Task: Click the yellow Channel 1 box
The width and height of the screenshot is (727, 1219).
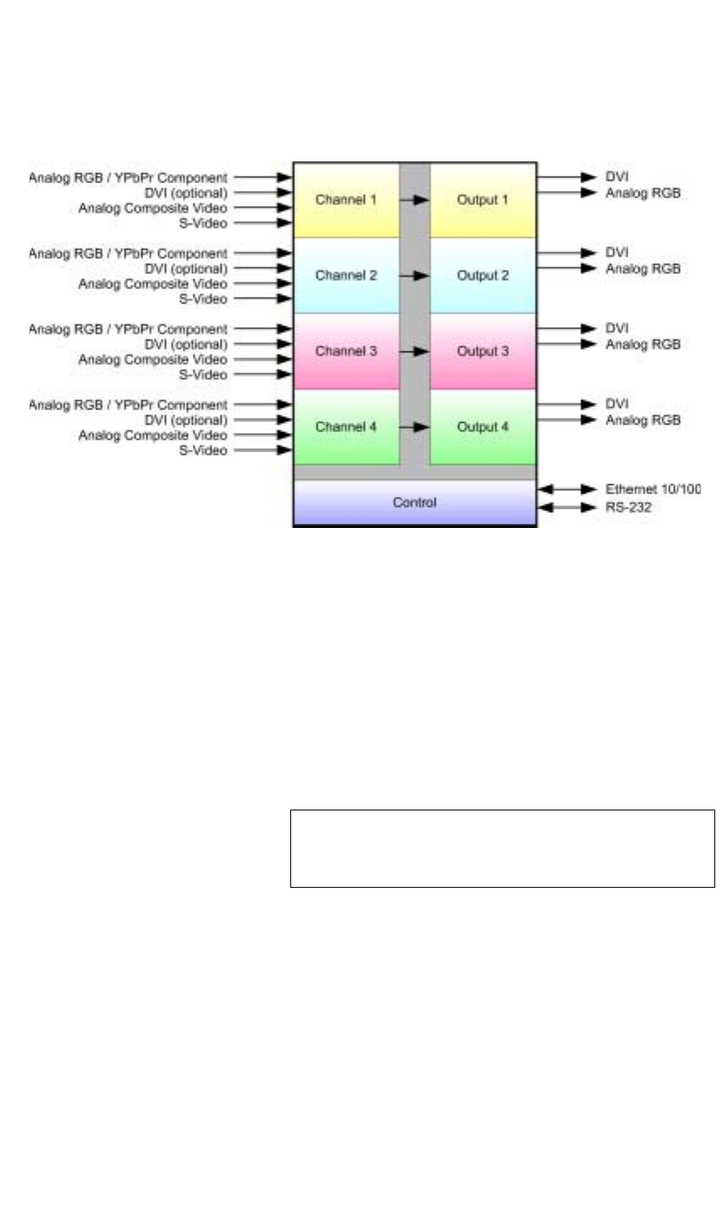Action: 347,200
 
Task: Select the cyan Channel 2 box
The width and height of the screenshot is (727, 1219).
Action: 347,276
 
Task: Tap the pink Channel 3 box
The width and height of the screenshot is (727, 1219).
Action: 347,351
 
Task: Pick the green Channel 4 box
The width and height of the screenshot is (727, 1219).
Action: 347,427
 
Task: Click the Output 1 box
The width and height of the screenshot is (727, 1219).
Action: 483,200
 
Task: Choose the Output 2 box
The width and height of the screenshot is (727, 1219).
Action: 483,276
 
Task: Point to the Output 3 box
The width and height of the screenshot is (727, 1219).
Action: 483,351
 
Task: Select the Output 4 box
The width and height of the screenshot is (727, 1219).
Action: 483,427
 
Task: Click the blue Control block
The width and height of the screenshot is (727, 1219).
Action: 415,502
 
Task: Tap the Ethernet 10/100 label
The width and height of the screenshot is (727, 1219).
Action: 653,489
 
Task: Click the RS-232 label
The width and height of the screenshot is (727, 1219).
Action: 629,507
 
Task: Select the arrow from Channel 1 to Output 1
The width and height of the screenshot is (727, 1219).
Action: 415,200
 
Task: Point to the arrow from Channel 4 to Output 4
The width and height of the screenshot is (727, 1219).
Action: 415,427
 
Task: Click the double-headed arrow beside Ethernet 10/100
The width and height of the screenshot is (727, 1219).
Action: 567,489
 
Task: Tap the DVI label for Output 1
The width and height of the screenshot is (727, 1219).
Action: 617,177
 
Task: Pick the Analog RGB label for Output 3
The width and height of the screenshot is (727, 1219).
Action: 643,345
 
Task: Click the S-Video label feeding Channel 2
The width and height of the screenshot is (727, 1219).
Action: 203,298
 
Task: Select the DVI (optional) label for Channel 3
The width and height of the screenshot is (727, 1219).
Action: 186,345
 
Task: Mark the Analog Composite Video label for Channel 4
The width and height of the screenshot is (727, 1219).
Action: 153,435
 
